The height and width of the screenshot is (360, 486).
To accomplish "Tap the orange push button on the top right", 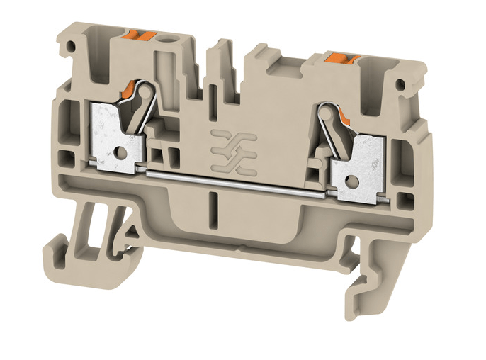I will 339,56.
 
